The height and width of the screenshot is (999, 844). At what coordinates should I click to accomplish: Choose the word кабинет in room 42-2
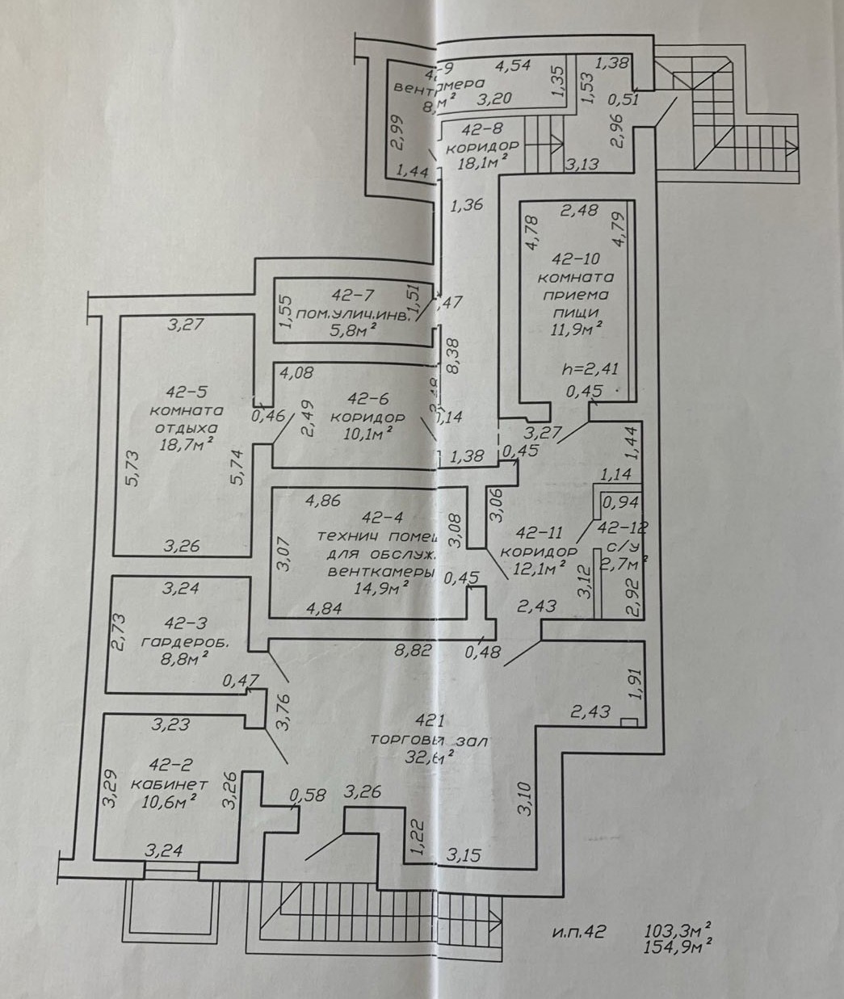pos(169,783)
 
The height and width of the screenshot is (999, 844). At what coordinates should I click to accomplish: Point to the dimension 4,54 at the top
pos(512,65)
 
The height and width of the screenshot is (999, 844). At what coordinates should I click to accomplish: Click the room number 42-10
pos(576,259)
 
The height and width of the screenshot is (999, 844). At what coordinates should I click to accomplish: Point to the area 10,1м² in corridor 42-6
pos(368,432)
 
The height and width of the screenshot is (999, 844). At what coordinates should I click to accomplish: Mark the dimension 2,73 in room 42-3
pos(118,631)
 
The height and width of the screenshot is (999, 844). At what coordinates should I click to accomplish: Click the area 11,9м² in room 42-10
pos(576,327)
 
